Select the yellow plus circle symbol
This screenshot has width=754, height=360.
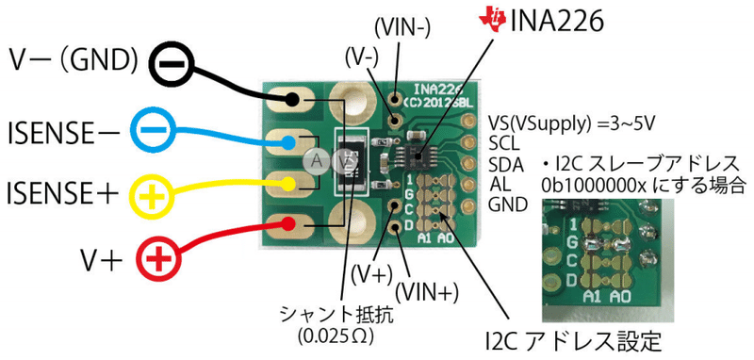(x=150, y=196)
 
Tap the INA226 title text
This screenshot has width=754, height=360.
(x=556, y=20)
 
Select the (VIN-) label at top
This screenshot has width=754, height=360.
(x=405, y=23)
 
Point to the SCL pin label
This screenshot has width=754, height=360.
(x=505, y=142)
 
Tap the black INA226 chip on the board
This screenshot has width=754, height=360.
(x=412, y=153)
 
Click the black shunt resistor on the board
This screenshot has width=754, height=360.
(x=351, y=159)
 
